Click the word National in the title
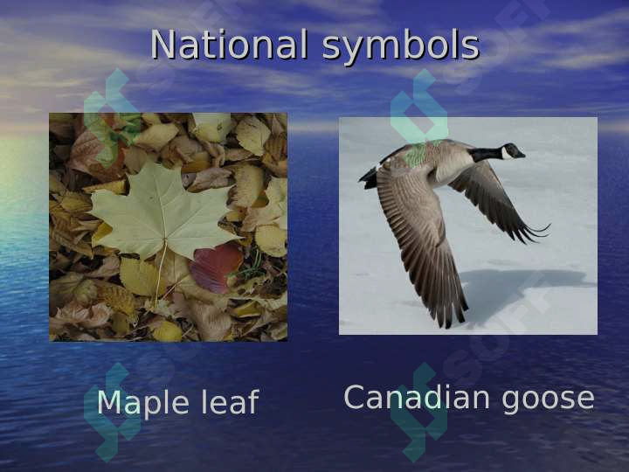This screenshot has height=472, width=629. click(230, 44)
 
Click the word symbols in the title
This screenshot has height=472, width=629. click(401, 47)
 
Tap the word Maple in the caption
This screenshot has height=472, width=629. click(142, 404)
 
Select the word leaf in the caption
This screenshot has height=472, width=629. click(230, 401)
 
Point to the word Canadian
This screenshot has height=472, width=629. click(417, 398)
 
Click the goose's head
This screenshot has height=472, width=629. click(510, 152)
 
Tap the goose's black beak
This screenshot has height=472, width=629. click(521, 155)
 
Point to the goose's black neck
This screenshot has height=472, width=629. click(486, 155)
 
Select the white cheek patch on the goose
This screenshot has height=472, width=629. click(507, 153)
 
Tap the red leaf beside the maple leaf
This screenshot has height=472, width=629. click(216, 267)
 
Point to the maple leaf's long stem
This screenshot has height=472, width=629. click(160, 273)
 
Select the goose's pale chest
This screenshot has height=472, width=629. click(452, 169)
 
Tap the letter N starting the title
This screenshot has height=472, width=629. click(163, 45)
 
